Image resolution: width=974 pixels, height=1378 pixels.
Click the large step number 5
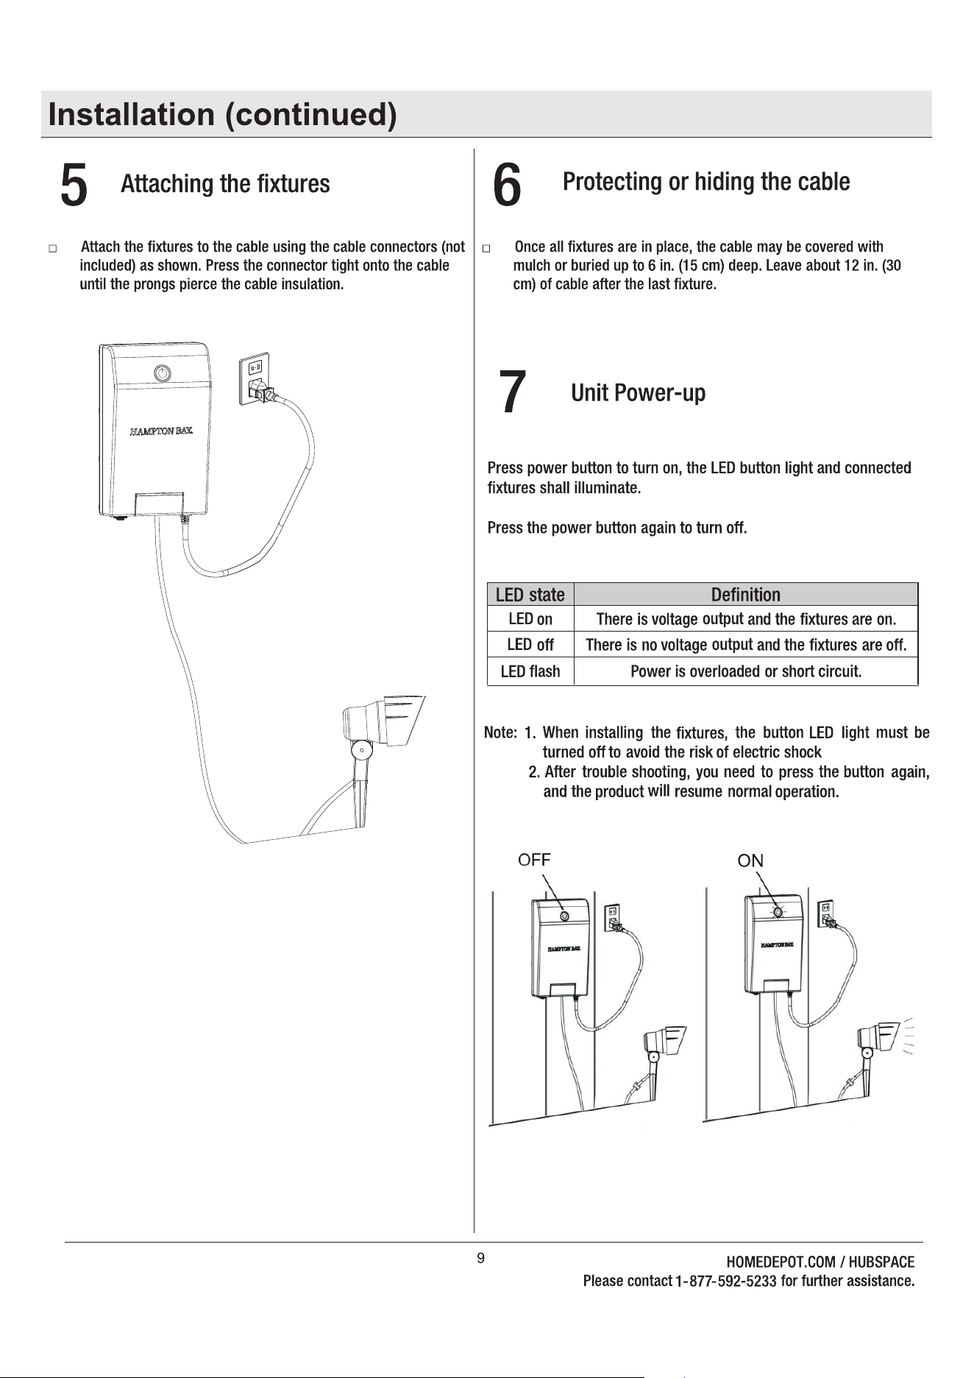coord(74,185)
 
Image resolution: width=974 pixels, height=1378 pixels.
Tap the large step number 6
coord(507,185)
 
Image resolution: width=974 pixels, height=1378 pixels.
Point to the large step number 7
coord(512,393)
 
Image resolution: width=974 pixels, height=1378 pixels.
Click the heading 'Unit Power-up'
coord(638,393)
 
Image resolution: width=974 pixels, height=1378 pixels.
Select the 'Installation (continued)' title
coord(222,115)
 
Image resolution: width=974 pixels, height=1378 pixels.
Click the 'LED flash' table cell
coord(530,671)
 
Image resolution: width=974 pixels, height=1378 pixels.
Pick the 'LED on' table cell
coord(530,619)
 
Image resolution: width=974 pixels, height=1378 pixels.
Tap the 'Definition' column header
coord(745,595)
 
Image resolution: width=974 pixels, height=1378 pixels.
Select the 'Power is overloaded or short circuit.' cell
coord(745,671)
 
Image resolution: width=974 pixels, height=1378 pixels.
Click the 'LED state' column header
coord(530,595)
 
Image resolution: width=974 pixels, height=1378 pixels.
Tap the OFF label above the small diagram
coord(534,860)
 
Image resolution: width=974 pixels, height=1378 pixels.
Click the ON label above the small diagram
coord(750,861)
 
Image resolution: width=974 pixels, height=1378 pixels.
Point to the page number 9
coord(480,1258)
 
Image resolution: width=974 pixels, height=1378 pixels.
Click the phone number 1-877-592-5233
coord(725,1282)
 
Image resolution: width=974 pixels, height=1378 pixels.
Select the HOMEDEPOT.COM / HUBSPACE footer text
coord(820,1262)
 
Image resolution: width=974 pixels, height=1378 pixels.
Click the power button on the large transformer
coord(162,373)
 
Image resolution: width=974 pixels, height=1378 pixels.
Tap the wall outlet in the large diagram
coord(255,379)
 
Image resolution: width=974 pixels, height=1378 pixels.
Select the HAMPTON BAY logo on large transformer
coord(161,431)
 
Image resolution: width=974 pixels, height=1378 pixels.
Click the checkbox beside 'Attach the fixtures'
coord(53,249)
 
